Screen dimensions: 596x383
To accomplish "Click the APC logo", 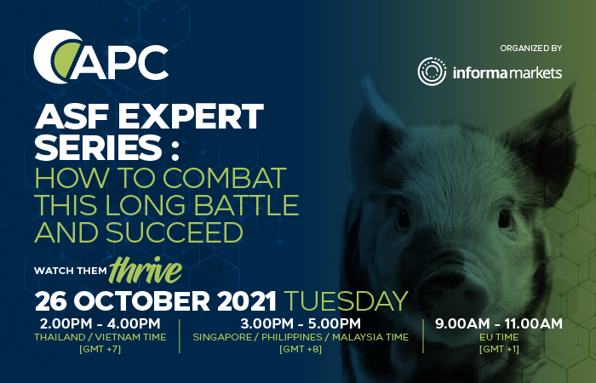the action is tap(100, 57).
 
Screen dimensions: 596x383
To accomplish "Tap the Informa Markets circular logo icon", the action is tap(433, 71).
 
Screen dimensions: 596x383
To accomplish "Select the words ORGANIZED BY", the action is tap(531, 49).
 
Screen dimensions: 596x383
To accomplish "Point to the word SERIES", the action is tap(98, 148).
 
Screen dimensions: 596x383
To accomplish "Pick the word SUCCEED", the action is tap(174, 232).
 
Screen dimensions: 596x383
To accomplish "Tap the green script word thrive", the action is tap(146, 270).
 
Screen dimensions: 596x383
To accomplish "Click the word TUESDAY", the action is tap(346, 301).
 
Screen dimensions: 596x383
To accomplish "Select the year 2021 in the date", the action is tap(246, 301).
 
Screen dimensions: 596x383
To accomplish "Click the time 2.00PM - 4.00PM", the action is tap(100, 323).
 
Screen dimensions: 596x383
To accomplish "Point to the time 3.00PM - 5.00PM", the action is tap(301, 323).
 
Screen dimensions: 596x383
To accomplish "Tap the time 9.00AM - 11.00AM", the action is tap(499, 323).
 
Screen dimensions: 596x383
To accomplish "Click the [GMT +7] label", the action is tap(100, 349).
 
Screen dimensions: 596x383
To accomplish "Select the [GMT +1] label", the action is tap(499, 349).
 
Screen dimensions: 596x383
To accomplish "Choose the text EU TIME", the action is tap(499, 337).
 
